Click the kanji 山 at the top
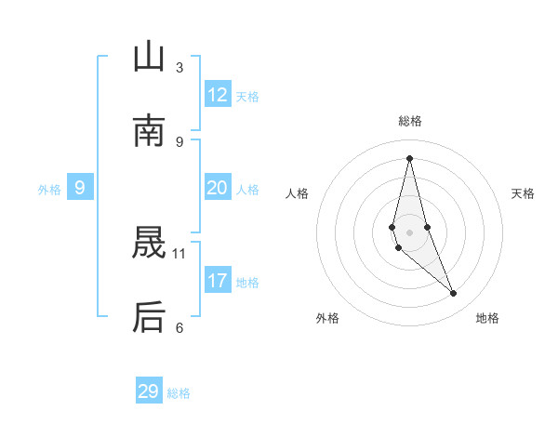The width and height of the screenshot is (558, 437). point(149,58)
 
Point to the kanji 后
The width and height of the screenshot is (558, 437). point(149,318)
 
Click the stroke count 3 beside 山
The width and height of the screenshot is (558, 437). point(179,67)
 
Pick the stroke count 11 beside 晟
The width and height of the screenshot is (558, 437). point(179,253)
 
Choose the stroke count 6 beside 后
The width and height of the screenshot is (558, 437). point(179,327)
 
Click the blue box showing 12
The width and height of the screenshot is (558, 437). point(218,95)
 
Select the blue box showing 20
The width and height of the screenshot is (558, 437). point(218,188)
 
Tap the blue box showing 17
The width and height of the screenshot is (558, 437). point(218,281)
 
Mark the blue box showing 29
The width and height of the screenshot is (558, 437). point(149,391)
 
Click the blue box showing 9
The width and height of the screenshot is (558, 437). point(80,188)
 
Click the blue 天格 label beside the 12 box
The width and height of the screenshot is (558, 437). point(247,97)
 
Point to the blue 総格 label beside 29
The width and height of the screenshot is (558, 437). point(179,393)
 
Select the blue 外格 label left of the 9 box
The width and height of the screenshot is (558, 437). point(49,190)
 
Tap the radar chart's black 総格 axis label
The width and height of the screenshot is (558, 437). point(410,121)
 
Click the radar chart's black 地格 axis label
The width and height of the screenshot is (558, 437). point(487,318)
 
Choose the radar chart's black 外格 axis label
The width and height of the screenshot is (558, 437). point(327,318)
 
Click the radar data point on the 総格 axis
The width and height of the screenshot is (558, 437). point(409,157)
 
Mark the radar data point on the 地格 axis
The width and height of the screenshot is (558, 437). point(454,294)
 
